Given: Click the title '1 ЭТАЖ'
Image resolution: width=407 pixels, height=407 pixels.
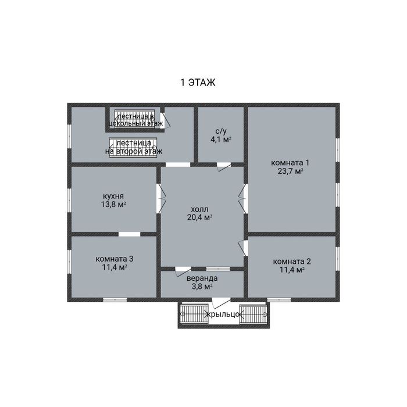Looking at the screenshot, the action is tap(198, 83).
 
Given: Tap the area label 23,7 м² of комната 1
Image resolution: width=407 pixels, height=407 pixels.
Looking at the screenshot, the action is tap(291, 172).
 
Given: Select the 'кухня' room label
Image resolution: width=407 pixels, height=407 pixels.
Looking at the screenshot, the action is tap(113, 196).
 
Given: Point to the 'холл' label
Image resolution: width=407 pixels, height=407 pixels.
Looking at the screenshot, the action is tap(199, 209).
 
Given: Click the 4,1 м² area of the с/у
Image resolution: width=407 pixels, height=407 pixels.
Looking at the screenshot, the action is tap(220, 140).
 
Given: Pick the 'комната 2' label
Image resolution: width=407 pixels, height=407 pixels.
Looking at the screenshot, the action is tap(292, 261).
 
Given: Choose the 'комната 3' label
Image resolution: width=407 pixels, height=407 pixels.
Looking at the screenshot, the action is tap(115, 259).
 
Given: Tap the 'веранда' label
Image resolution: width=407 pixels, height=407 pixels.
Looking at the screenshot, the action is tap(202, 279).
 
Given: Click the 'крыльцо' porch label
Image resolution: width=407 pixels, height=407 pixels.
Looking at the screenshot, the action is tap(223, 315).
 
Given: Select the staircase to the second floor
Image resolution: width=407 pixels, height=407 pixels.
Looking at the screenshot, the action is tap(133, 148).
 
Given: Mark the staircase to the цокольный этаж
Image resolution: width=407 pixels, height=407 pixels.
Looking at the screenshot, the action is tap(134, 119).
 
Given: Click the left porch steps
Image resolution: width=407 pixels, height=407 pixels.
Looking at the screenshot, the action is tap(194, 314).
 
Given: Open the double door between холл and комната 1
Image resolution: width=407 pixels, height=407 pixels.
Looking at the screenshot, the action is tap(244, 199).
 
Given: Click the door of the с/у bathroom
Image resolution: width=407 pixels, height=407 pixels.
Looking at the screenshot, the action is tap(224, 166).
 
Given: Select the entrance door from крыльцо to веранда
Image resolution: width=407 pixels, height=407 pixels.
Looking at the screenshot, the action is tap(221, 302).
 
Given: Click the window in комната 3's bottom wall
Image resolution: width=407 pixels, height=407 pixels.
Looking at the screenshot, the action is tap(115, 299).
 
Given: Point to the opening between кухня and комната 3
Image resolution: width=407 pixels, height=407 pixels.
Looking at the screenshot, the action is tap(129, 234).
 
